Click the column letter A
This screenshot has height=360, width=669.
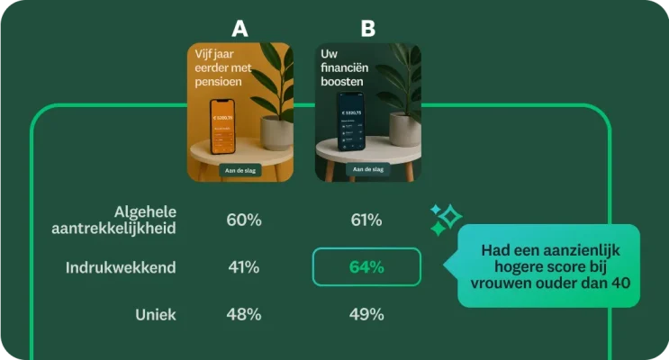tap(240, 29)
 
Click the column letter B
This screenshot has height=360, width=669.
tap(367, 29)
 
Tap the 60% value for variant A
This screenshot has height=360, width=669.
tap(243, 220)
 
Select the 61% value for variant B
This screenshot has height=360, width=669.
tap(366, 220)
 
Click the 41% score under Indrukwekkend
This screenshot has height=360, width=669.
tap(243, 266)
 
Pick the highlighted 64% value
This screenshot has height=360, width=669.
tap(366, 266)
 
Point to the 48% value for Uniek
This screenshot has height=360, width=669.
tap(243, 314)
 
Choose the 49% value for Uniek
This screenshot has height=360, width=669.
tap(366, 314)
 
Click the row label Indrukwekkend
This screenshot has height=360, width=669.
tap(121, 267)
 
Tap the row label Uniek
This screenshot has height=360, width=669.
tap(156, 314)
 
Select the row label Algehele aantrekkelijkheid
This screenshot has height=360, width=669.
tap(113, 220)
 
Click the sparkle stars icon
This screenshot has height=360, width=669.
tap(445, 219)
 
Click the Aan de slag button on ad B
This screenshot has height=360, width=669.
tap(367, 169)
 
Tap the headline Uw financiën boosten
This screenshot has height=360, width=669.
tap(342, 68)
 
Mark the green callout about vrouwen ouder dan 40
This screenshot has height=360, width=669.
tap(548, 266)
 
